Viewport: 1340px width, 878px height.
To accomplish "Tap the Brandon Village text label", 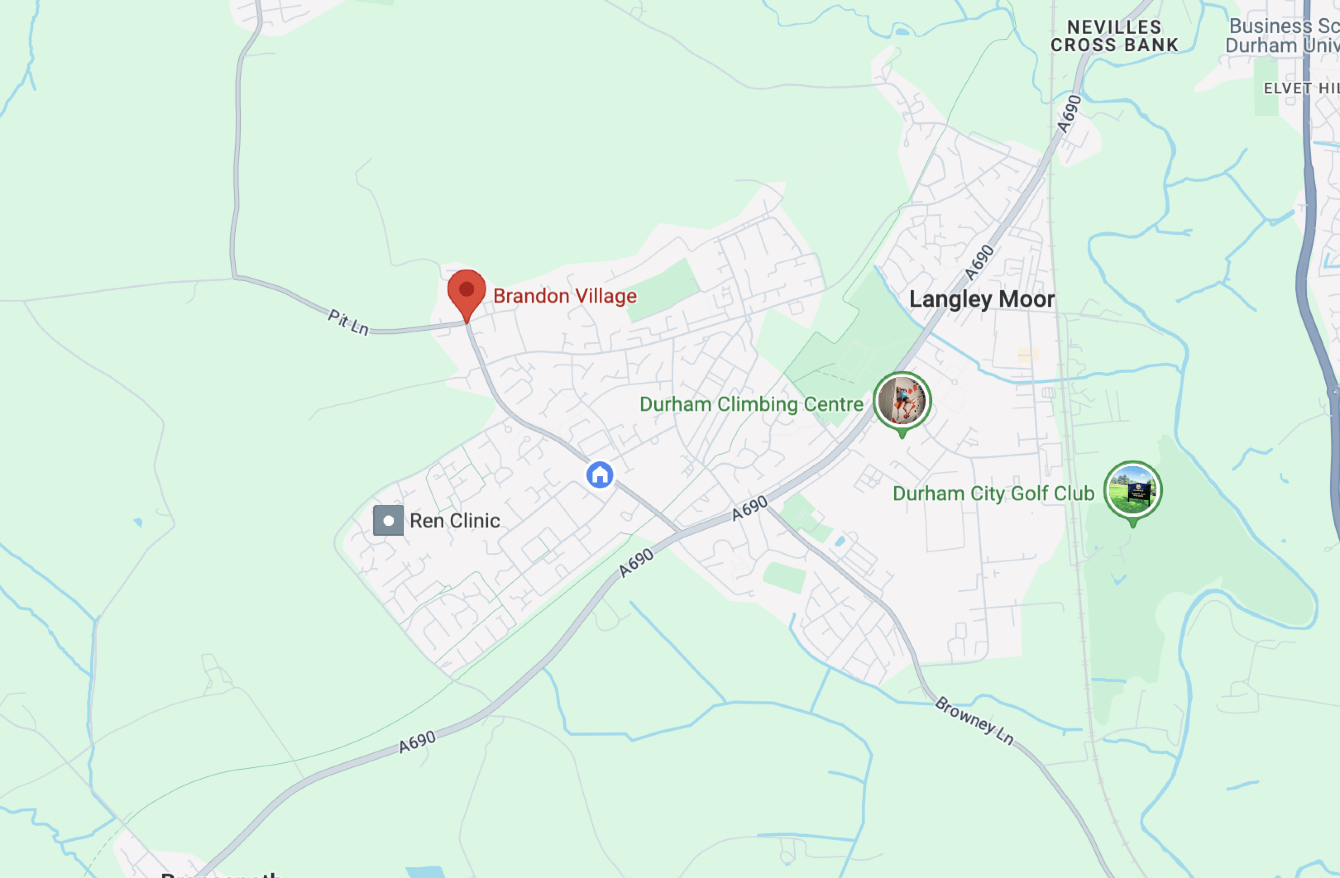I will [565, 296].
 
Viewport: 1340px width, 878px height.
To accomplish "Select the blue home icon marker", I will [600, 475].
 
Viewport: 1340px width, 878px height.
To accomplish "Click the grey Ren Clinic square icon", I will [388, 520].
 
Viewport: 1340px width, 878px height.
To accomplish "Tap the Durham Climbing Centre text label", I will [751, 404].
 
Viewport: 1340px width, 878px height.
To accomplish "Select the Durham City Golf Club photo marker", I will [1133, 491].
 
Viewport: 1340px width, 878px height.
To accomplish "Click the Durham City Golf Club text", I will [993, 494].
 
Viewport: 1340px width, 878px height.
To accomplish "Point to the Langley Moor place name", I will [982, 299].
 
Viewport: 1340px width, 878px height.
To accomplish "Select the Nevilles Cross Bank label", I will [1114, 36].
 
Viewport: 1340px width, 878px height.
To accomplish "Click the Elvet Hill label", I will [1301, 88].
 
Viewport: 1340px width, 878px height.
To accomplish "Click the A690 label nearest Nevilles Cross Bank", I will [1069, 114].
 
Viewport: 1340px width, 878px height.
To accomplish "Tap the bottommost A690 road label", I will [417, 742].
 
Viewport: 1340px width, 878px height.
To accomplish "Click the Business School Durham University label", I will [1284, 36].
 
